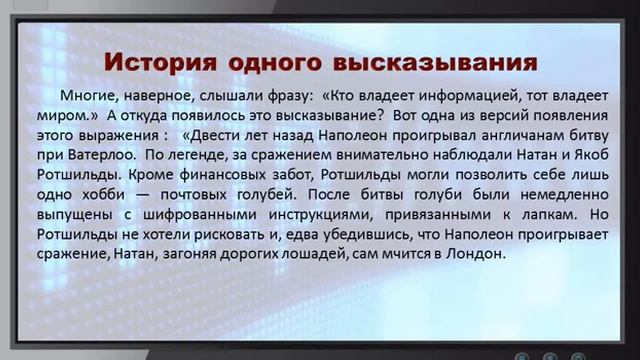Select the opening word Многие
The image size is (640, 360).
click(86, 98)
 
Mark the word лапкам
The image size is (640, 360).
click(546, 214)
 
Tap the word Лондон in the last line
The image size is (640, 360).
click(481, 253)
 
